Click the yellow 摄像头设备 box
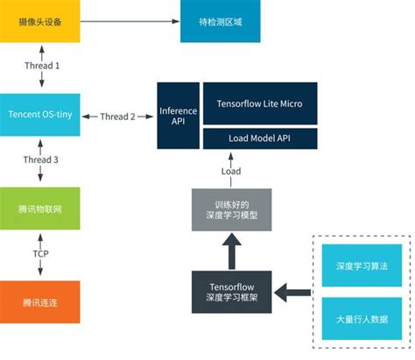[x=40, y=21]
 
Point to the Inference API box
[x=178, y=116]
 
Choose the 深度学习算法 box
[x=360, y=265]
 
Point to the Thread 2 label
[x=118, y=116]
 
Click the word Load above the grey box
[x=230, y=173]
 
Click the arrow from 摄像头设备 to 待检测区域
[x=130, y=21]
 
